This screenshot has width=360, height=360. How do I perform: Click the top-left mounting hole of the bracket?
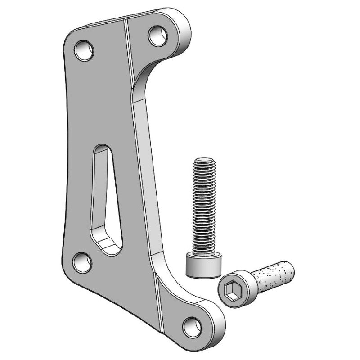coord(84,50)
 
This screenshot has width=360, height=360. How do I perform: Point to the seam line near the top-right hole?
coord(129,45)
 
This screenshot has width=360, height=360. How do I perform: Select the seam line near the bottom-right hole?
coord(160,306)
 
